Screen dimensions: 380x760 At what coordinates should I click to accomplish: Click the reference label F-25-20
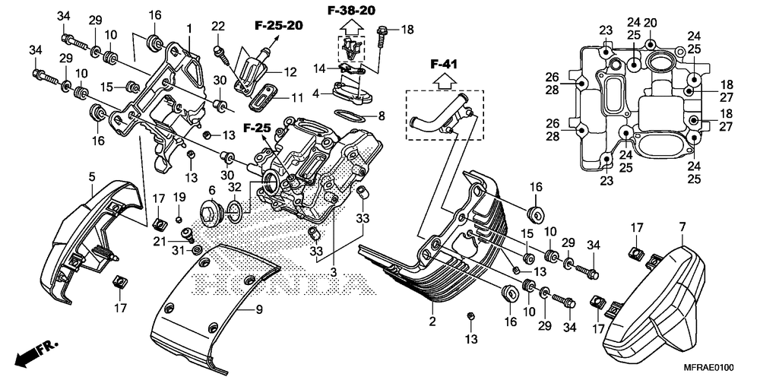[274, 26]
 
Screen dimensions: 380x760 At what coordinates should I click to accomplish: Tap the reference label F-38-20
[351, 11]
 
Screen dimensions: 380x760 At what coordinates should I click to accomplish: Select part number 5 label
[92, 177]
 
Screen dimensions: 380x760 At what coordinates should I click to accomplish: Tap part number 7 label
[682, 226]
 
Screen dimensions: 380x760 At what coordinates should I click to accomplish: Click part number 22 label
[219, 27]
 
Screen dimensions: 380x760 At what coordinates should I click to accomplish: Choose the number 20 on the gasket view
[651, 23]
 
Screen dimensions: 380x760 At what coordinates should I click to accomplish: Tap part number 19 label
[179, 198]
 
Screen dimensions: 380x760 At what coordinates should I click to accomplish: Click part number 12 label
[290, 72]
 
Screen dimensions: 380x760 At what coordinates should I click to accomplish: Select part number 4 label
[317, 95]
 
